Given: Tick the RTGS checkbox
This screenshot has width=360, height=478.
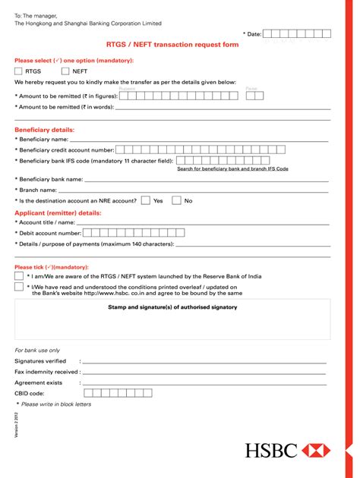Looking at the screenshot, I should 19,71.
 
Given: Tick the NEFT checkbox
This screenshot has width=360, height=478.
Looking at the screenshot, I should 65,71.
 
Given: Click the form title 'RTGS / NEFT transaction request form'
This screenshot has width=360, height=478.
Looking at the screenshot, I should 172,45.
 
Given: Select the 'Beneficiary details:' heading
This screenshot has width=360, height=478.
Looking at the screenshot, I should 44,130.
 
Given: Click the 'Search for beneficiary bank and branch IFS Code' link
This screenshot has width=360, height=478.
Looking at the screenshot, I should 232,168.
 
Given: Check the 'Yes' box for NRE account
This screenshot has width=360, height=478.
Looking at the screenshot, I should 145,201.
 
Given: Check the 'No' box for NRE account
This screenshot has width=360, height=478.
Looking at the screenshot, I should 176,201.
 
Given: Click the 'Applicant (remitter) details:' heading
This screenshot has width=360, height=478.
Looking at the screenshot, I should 58,213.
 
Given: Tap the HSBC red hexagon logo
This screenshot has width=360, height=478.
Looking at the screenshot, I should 316,451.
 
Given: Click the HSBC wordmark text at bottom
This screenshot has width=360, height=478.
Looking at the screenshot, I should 271,451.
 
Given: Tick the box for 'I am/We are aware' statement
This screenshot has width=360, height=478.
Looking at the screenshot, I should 19,277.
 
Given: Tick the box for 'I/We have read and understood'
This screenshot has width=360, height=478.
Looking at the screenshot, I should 19,288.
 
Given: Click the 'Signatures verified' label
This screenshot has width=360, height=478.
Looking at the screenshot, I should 40,362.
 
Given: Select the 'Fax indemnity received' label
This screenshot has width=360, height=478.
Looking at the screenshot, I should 47,373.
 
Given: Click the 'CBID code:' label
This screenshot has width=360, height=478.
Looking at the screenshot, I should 30,394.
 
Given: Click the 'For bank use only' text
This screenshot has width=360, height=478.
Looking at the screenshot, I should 37,351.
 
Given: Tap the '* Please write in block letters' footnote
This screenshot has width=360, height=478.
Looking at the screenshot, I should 53,404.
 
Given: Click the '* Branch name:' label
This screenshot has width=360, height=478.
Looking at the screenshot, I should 36,190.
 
